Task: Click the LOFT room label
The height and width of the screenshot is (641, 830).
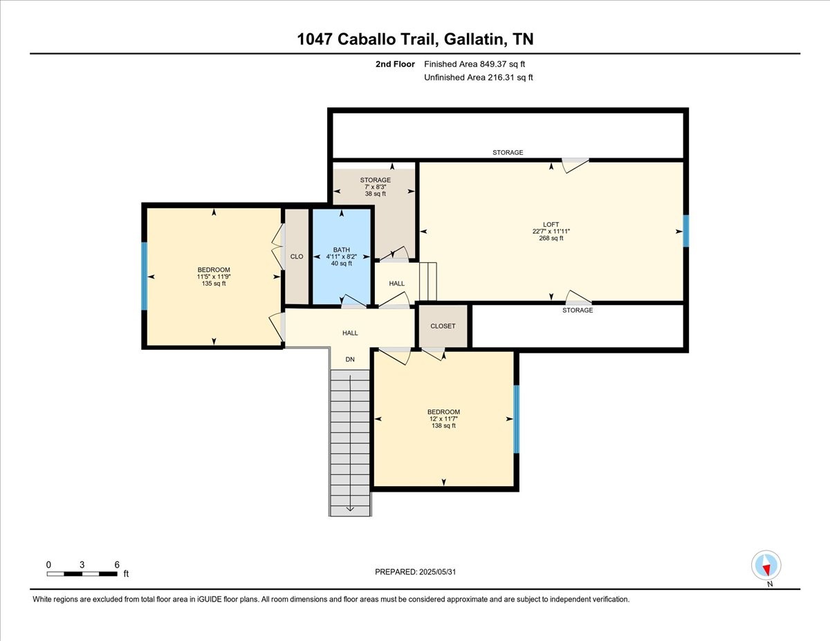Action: click(x=551, y=225)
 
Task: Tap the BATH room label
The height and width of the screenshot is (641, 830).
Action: click(x=342, y=250)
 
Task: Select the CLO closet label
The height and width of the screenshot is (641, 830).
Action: click(x=297, y=257)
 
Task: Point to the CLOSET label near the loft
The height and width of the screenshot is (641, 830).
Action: click(x=443, y=326)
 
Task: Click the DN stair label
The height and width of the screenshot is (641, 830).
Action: click(x=350, y=360)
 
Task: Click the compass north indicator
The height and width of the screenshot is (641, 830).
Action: click(x=766, y=565)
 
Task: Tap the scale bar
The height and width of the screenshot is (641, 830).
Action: click(x=82, y=574)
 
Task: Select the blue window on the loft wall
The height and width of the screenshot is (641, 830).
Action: click(x=686, y=231)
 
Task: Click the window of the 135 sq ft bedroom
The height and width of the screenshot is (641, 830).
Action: click(x=145, y=276)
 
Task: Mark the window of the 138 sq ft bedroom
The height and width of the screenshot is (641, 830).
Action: click(x=517, y=419)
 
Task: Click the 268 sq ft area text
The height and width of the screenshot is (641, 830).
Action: click(x=551, y=239)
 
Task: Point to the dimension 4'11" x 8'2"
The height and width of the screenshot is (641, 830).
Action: click(x=342, y=257)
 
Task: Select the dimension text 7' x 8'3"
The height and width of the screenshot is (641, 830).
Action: click(x=376, y=187)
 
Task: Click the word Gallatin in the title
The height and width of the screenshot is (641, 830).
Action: click(x=474, y=39)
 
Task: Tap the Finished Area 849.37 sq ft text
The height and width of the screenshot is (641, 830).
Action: click(x=474, y=64)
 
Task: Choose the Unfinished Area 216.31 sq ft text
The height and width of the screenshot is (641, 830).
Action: click(x=478, y=77)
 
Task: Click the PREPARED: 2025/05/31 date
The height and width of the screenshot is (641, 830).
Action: click(x=415, y=572)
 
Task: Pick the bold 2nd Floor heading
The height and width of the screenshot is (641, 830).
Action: click(x=395, y=64)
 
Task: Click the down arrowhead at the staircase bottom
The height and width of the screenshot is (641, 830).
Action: click(x=350, y=509)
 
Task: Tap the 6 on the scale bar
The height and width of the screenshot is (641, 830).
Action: click(x=117, y=565)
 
